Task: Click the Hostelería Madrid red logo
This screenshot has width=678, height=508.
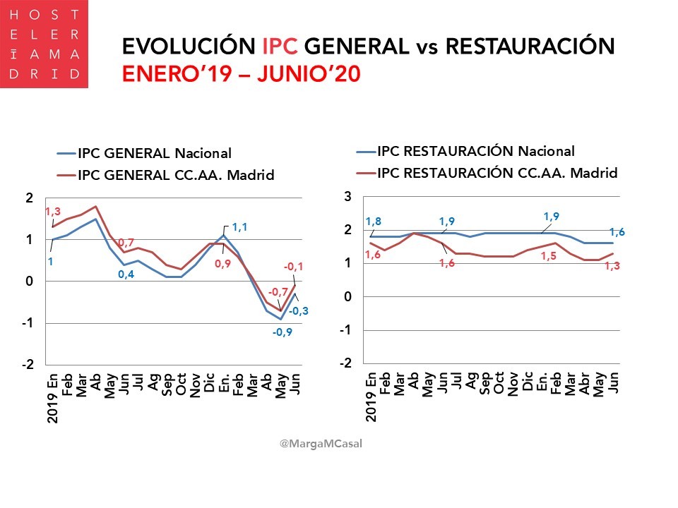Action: point(44,44)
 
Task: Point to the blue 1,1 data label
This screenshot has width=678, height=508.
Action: point(241,227)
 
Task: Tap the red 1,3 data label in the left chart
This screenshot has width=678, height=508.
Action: point(54,212)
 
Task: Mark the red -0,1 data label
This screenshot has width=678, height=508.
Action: point(294,267)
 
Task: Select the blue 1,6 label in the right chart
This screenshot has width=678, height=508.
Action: point(617,232)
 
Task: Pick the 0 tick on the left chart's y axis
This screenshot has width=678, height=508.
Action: point(29,282)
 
